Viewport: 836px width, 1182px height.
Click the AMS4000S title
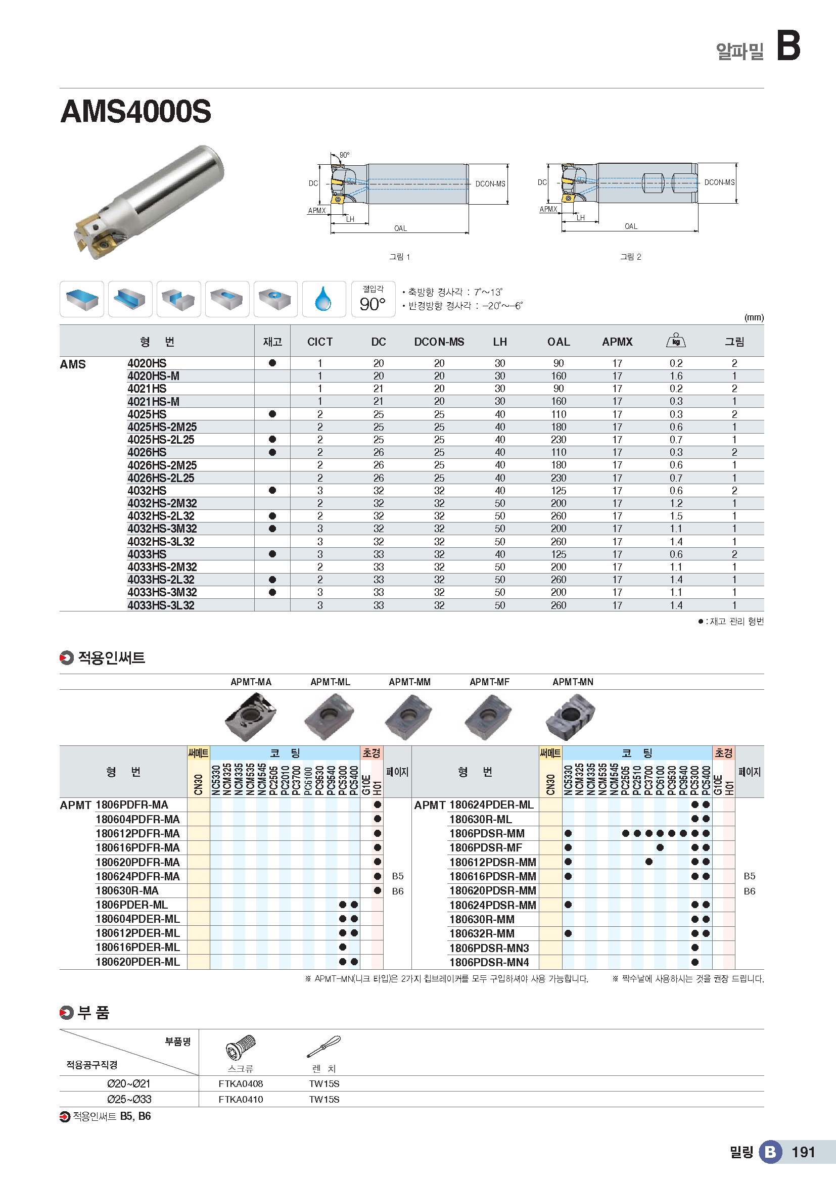coord(136,112)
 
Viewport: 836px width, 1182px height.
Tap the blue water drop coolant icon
coord(323,299)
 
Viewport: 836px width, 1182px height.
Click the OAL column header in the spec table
coord(558,342)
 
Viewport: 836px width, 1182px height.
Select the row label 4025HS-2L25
coord(161,440)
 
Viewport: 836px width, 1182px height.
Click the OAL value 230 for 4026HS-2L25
coord(558,478)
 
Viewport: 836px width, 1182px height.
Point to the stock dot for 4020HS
coord(272,363)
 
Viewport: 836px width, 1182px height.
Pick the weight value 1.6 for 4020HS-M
coord(676,376)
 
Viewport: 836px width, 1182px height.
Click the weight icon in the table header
coord(676,341)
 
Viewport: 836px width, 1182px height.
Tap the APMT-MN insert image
coord(570,716)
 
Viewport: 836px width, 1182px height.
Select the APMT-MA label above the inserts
coord(251,682)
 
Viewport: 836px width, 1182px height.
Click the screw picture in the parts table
coord(241,1047)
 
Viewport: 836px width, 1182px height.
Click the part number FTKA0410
coord(241,1100)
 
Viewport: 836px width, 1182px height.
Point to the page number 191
coord(803,1152)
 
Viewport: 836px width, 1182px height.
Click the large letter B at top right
coord(788,46)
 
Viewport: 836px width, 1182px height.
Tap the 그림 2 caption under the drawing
coord(630,257)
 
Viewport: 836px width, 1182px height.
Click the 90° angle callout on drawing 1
coord(344,155)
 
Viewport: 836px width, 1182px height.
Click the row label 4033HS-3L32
coord(161,605)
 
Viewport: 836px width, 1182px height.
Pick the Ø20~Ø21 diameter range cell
coord(129,1083)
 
